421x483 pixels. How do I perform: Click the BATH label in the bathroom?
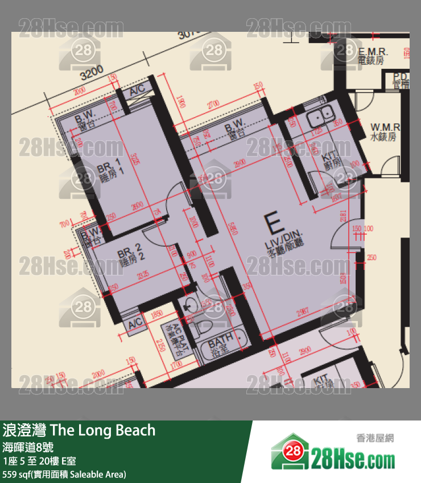click(220, 345)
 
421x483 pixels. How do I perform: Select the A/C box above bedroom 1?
click(137, 90)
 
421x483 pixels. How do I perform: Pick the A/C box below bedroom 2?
click(136, 324)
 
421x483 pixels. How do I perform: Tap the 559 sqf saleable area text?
click(64, 473)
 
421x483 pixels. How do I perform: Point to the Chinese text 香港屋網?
click(375, 438)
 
